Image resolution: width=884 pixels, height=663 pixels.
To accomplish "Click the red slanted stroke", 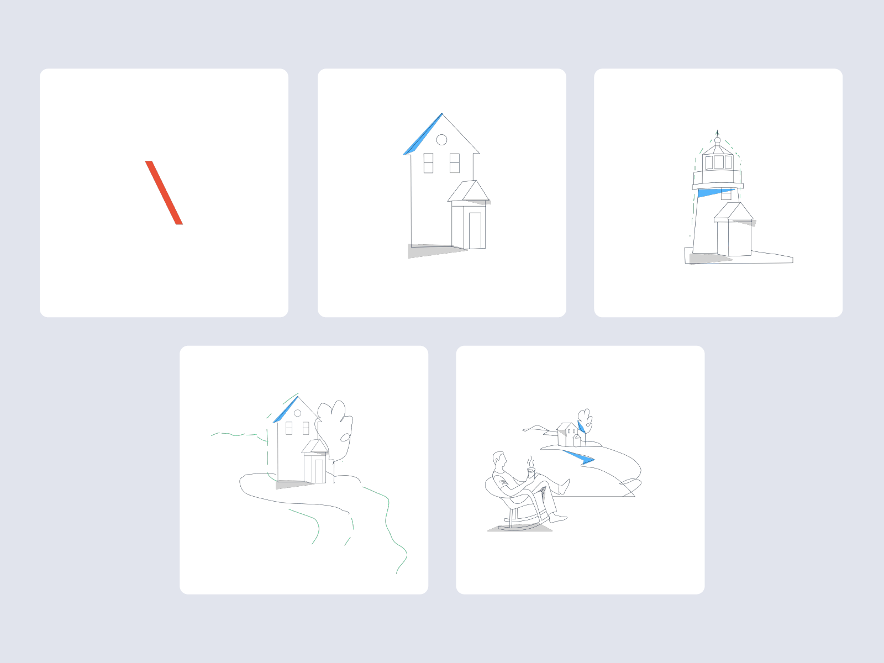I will [x=164, y=192].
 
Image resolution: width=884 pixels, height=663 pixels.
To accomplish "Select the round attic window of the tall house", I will [x=441, y=140].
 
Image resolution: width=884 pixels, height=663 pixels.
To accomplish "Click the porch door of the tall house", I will [x=475, y=230].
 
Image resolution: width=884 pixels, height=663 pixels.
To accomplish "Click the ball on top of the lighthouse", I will [x=717, y=140].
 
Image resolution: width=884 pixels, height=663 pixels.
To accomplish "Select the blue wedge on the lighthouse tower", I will [x=714, y=192].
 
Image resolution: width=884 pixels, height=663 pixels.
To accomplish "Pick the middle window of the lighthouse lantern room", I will [x=718, y=162].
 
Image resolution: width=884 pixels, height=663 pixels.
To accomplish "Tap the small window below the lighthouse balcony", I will [x=727, y=194].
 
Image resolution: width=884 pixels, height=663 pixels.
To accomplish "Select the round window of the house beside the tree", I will [x=297, y=413].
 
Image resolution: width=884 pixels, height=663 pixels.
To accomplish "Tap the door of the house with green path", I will [x=319, y=471].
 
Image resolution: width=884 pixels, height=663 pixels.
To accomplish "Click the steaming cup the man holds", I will [x=531, y=471].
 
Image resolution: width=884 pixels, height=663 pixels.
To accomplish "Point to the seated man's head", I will [x=499, y=460].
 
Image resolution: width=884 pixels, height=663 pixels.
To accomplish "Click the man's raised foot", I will [x=565, y=486].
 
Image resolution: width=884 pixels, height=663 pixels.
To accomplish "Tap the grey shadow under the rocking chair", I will [x=519, y=529].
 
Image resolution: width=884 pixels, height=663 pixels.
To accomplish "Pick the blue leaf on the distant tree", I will [x=581, y=427].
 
